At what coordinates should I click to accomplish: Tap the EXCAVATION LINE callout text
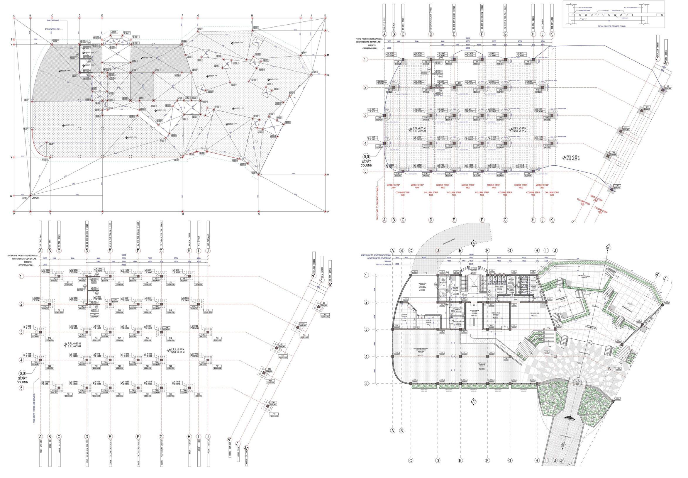click(x=52, y=29)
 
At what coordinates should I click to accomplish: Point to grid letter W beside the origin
click(x=11, y=196)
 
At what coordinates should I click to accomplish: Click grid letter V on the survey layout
click(x=14, y=214)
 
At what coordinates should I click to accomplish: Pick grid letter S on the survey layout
click(x=102, y=214)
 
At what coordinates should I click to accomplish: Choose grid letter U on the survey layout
click(x=30, y=214)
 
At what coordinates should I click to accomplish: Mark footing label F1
click(x=69, y=282)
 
